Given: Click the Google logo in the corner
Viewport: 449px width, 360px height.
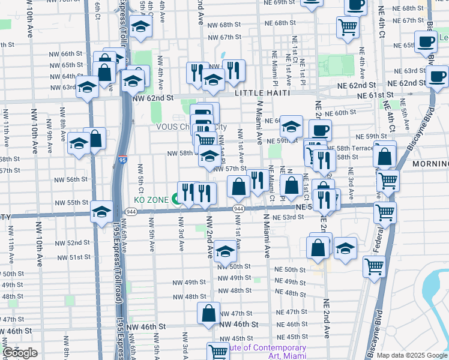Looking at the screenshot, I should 20,353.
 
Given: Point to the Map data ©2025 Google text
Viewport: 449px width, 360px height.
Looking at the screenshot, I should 412,355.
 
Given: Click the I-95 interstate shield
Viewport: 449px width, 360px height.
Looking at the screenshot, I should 122,160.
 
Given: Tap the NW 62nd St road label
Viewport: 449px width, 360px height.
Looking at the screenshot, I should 152,98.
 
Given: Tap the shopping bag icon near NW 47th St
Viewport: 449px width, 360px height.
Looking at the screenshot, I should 208,313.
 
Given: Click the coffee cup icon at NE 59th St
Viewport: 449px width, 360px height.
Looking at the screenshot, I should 320,129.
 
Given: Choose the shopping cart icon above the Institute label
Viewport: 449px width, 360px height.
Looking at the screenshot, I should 218,350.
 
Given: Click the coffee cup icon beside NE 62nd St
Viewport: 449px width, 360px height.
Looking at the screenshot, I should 437,76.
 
